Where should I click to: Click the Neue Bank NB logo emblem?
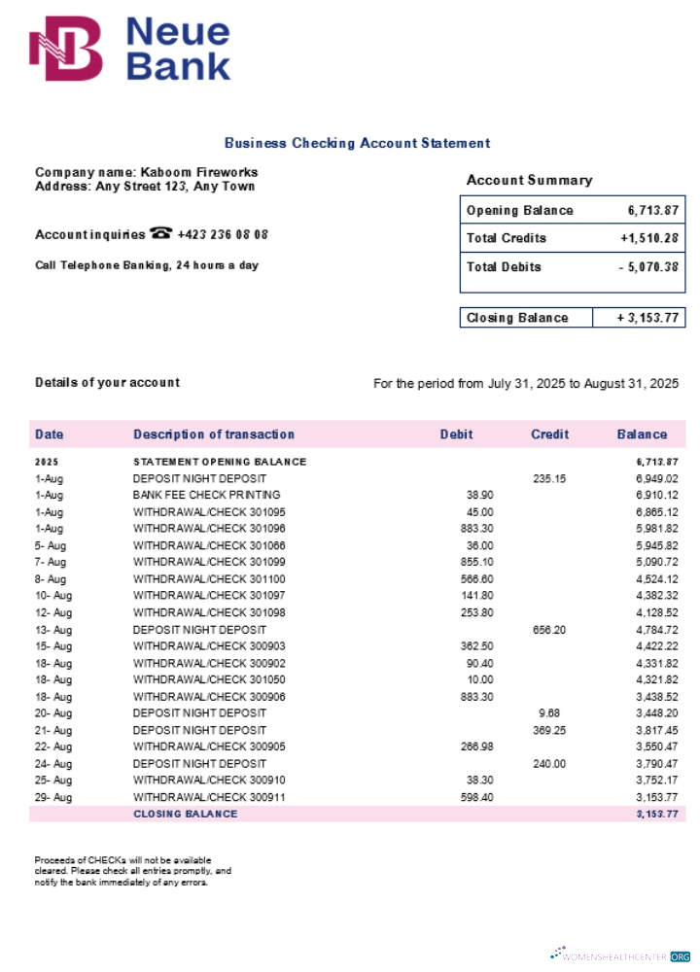65,49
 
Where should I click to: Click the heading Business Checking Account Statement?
357,143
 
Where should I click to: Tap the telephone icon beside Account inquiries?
161,234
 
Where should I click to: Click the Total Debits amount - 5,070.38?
648,267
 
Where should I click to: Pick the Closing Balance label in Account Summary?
517,318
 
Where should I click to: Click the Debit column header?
456,434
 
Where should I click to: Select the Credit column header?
549,434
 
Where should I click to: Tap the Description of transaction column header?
213,434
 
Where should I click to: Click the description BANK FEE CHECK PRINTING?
206,495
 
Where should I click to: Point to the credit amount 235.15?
548,478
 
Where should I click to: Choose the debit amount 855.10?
476,562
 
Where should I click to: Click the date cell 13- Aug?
53,629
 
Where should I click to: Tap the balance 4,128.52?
656,612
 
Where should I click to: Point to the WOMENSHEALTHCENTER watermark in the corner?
622,955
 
